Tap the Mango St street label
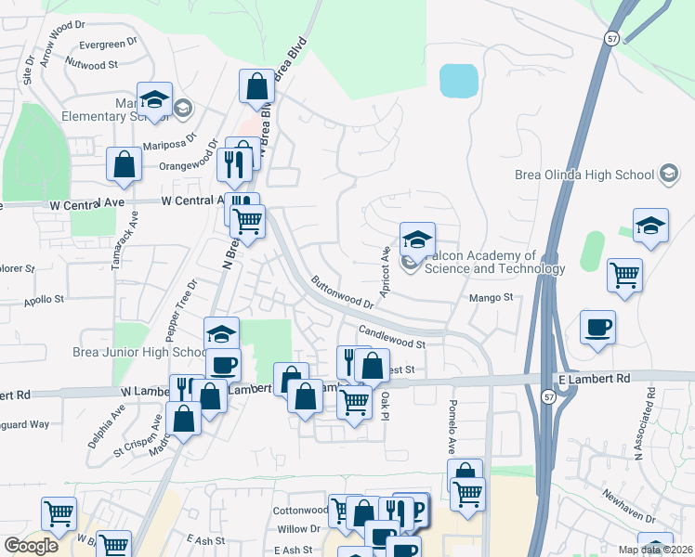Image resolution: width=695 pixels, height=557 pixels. (495, 297)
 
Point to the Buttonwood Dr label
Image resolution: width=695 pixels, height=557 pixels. (342, 291)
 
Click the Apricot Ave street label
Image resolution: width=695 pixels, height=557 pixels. (385, 267)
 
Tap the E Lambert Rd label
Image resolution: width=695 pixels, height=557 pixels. (594, 379)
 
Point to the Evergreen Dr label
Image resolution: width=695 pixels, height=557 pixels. (108, 44)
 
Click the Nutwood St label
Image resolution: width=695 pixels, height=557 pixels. (92, 65)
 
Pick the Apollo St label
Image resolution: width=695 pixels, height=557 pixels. (44, 300)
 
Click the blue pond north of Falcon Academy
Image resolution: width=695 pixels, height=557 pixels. (457, 82)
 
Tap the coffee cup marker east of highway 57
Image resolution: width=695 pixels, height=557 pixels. (597, 328)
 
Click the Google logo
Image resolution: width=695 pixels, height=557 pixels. (32, 546)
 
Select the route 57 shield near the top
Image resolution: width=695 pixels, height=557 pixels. (610, 39)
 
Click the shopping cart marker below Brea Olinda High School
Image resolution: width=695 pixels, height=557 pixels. (625, 275)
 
